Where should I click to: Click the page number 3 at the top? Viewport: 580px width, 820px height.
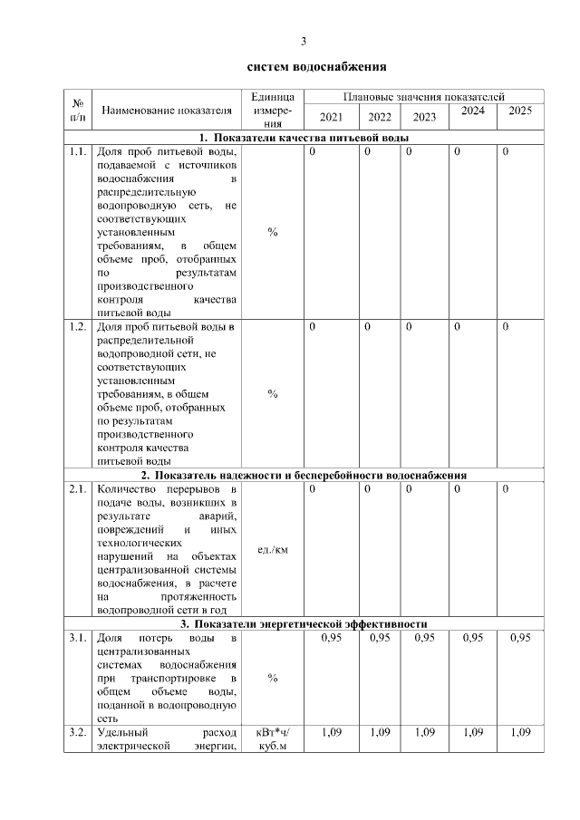tap(304, 42)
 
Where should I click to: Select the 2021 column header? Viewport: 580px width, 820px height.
tap(331, 117)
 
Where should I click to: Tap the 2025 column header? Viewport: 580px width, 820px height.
tap(520, 111)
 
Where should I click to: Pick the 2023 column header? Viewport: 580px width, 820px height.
tap(424, 117)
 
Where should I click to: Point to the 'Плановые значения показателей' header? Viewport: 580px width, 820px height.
tap(423, 96)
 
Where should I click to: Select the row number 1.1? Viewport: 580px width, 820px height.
tap(77, 151)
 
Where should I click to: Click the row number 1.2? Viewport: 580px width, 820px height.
tap(77, 327)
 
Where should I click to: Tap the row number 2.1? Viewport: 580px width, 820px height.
tap(77, 489)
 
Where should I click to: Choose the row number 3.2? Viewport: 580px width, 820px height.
tap(77, 731)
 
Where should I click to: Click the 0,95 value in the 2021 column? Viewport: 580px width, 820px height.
tap(331, 638)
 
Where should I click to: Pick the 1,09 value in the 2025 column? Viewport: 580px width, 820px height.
tap(520, 731)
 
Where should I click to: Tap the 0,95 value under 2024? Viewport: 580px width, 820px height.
tap(472, 638)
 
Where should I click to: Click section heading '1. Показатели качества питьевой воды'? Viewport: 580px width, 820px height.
tap(304, 138)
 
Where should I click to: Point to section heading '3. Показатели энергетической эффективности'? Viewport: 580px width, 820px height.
tap(304, 624)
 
